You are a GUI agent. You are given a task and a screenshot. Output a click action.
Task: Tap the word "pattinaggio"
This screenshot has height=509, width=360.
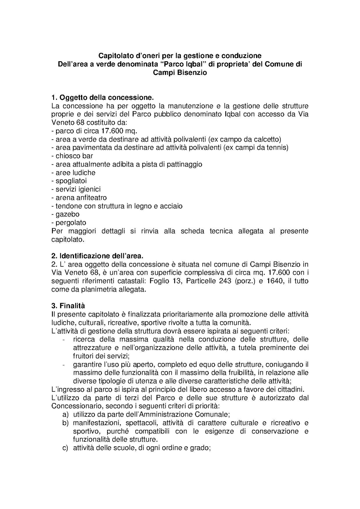(184, 164)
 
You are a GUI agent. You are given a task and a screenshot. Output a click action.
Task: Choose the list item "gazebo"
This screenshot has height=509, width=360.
(67, 214)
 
